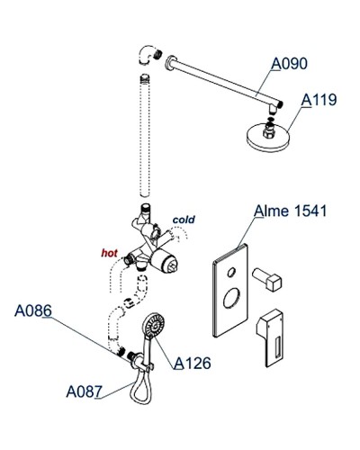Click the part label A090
pyautogui.click(x=290, y=64)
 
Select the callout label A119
pyautogui.click(x=319, y=100)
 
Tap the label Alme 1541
pyautogui.click(x=290, y=211)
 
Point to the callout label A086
pyautogui.click(x=33, y=310)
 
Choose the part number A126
pyautogui.click(x=193, y=363)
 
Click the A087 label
pyautogui.click(x=85, y=391)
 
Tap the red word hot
pyautogui.click(x=110, y=253)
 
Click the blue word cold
pyautogui.click(x=184, y=220)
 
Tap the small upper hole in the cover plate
pyautogui.click(x=231, y=272)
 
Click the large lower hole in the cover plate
pyautogui.click(x=231, y=298)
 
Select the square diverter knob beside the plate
pyautogui.click(x=267, y=279)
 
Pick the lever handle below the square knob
pyautogui.click(x=270, y=337)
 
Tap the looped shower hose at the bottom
pyautogui.click(x=140, y=387)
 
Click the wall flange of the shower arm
pyautogui.click(x=169, y=63)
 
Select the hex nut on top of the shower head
pyautogui.click(x=268, y=131)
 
